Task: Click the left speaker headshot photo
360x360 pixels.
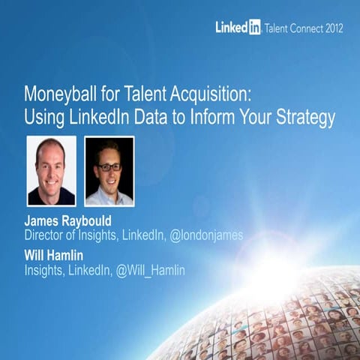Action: (52, 170)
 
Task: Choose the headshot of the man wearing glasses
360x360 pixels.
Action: (109, 170)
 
